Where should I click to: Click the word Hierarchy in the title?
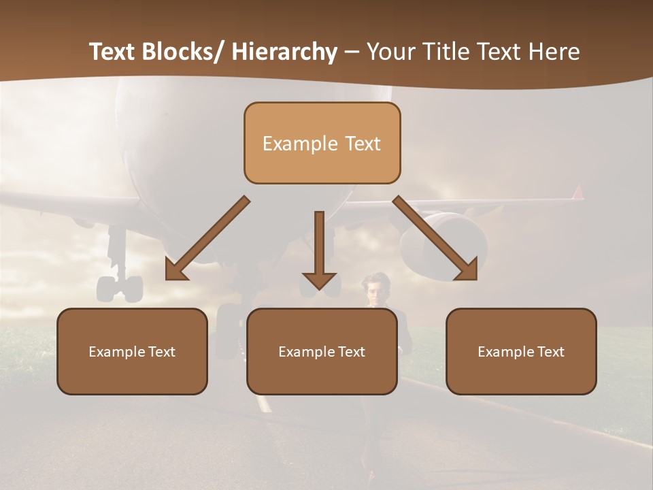pos(284,52)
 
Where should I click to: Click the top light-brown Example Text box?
pos(322,143)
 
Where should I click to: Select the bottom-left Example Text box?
pos(132,351)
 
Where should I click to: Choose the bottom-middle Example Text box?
pos(322,351)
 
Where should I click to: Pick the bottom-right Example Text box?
pos(521,351)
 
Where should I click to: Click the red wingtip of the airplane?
pos(578,193)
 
